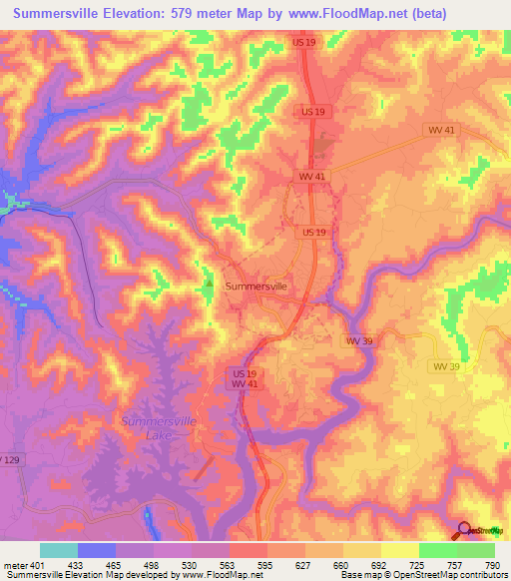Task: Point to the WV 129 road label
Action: tap(9, 458)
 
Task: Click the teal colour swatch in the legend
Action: tap(59, 549)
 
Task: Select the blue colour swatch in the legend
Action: tap(97, 549)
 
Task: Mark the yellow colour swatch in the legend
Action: tap(399, 549)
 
